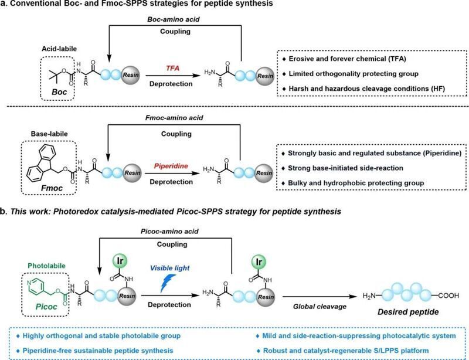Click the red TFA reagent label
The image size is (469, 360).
pyautogui.click(x=172, y=69)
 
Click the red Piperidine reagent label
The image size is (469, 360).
pyautogui.click(x=171, y=166)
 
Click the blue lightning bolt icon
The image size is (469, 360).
pyautogui.click(x=168, y=283)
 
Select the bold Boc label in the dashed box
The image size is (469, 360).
pyautogui.click(x=59, y=91)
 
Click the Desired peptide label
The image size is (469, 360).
pyautogui.click(x=408, y=312)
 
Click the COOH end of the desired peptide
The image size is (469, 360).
pyautogui.click(x=448, y=296)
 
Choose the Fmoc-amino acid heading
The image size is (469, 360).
pyautogui.click(x=174, y=118)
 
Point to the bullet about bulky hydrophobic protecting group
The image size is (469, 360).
pyautogui.click(x=353, y=182)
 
